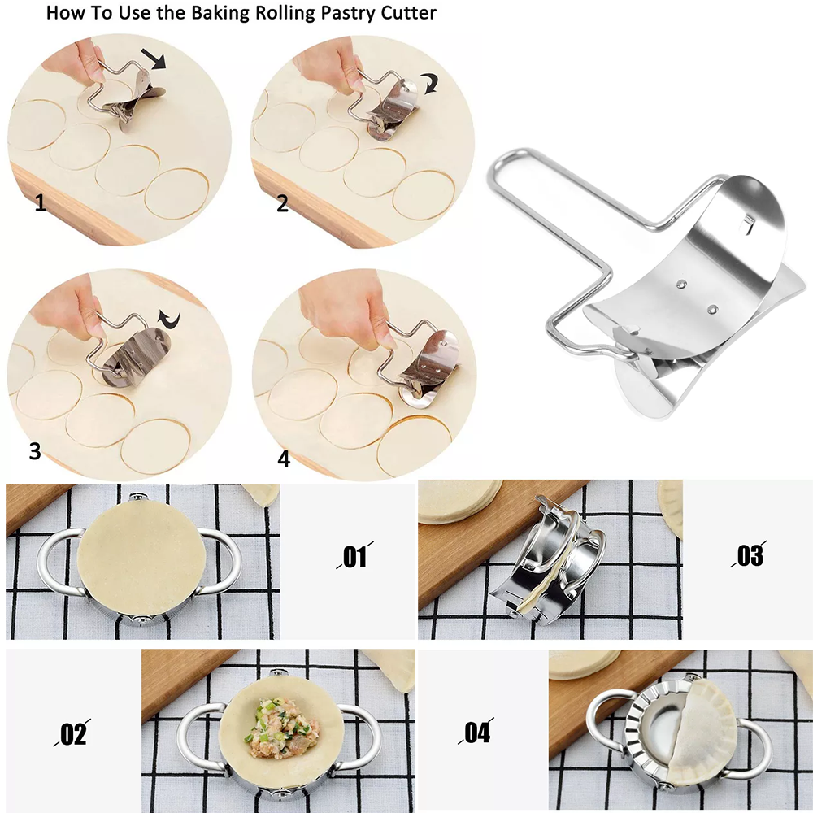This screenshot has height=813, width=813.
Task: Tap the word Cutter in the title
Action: pos(408,12)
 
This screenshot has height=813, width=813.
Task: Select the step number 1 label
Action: pos(41,202)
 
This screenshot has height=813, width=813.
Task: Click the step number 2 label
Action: pos(282,202)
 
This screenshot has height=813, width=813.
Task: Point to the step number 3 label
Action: pos(35,450)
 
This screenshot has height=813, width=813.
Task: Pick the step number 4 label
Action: pos(284,459)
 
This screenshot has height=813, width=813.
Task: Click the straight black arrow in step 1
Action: pos(154,57)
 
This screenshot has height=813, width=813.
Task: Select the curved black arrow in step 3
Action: pos(169,320)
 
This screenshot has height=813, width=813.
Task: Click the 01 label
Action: pos(354,556)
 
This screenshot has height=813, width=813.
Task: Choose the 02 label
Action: pos(72,733)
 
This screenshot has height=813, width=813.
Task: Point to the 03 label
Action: pos(750,554)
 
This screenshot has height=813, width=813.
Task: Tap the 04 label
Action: pos(476,732)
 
